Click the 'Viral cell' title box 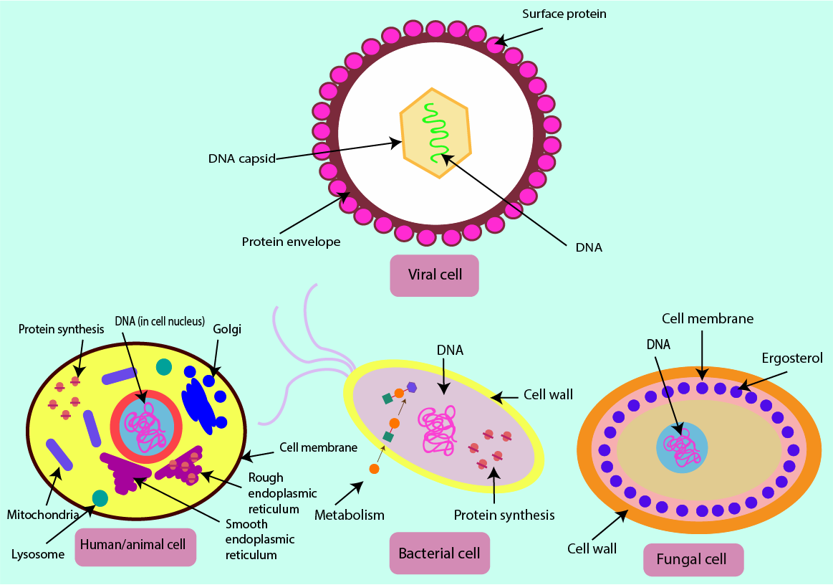point(435,275)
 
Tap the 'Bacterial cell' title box point(439,553)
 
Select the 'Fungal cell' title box point(693,559)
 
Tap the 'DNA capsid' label point(242,158)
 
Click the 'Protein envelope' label point(291,242)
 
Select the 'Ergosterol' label point(793,358)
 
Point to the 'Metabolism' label point(350,515)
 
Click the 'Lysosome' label point(37,554)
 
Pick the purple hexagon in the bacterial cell point(412,387)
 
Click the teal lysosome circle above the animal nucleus point(164,366)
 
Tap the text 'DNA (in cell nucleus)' point(160,321)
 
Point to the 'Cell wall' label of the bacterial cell point(548,394)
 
